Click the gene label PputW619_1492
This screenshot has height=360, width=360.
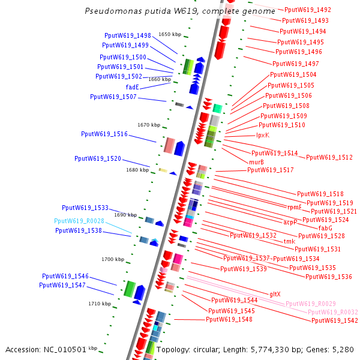(x=307, y=10)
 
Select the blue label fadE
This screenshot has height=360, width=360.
(x=133, y=87)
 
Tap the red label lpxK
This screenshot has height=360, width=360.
(x=263, y=135)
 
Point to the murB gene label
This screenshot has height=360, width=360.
(x=256, y=162)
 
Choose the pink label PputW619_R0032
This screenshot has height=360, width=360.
(x=332, y=312)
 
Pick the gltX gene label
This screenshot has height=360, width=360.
(x=275, y=294)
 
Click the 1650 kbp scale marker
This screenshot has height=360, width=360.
(x=170, y=35)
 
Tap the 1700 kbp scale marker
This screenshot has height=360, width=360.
(x=112, y=259)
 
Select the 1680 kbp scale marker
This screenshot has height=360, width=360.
(x=137, y=170)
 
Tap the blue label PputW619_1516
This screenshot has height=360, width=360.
(x=104, y=134)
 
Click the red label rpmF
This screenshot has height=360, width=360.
(x=294, y=207)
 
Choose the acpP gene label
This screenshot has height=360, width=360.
(x=290, y=222)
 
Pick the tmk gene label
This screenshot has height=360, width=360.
(x=289, y=241)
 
